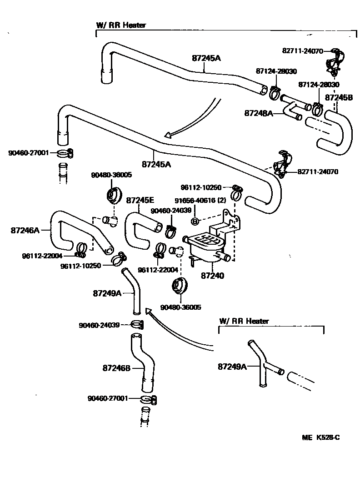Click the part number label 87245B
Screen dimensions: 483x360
(x=339, y=97)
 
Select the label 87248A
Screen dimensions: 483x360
(x=258, y=113)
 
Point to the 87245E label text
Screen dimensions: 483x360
(x=140, y=200)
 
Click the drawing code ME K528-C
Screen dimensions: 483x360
(x=321, y=438)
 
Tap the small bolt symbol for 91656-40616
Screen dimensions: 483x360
(x=194, y=221)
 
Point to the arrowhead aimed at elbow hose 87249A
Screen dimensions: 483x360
(x=148, y=311)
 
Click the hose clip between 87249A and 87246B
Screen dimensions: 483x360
(x=137, y=324)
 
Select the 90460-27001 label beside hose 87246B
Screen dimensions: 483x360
(x=108, y=398)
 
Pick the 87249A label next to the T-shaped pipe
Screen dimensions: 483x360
(x=232, y=366)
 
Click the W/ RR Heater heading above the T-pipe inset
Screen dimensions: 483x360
(x=244, y=321)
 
